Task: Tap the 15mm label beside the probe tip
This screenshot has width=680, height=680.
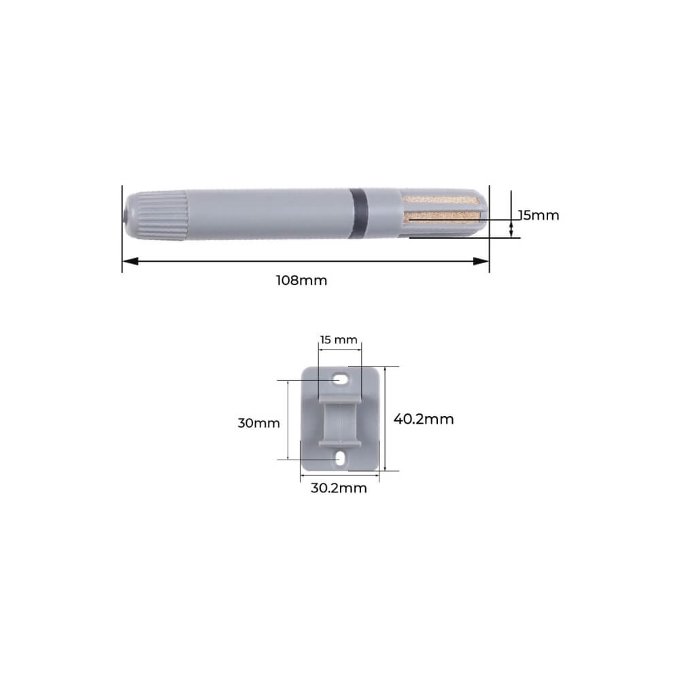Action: [538, 216]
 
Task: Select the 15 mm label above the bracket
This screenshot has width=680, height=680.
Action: [339, 339]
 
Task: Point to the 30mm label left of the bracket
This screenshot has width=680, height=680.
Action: [258, 423]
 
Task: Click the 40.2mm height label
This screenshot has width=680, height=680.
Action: [423, 420]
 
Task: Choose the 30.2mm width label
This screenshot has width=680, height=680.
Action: [338, 488]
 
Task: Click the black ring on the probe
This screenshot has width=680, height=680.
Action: [359, 213]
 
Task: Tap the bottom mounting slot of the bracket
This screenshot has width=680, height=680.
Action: [339, 459]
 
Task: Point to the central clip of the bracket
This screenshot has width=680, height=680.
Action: [339, 422]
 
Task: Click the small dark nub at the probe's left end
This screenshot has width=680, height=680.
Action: [126, 215]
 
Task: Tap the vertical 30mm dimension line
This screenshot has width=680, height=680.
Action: [288, 420]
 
